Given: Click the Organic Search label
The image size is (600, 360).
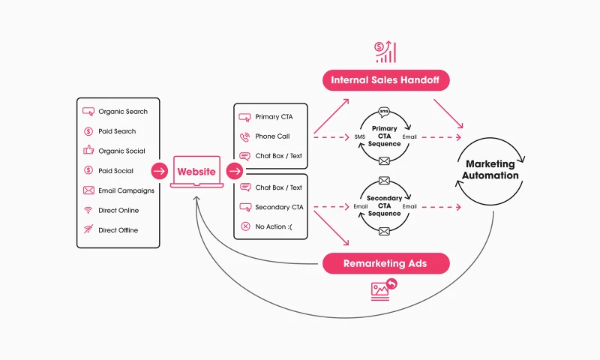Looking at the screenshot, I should click(x=123, y=112).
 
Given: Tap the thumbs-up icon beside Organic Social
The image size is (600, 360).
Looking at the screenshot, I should click(x=88, y=151).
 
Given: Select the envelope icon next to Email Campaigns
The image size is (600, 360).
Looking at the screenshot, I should click(x=88, y=190).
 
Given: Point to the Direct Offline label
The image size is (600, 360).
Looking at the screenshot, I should click(x=118, y=230).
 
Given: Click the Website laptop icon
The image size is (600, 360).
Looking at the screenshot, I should click(x=196, y=172).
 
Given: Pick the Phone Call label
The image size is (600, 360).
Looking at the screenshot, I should click(x=272, y=136).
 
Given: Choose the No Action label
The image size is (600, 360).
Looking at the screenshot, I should click(x=271, y=226).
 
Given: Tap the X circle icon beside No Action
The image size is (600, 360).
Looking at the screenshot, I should click(x=244, y=226).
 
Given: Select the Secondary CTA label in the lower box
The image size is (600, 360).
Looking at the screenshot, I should click(x=279, y=207).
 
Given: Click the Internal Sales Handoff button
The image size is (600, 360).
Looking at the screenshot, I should click(x=385, y=79).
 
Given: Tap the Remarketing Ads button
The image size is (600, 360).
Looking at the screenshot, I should click(x=385, y=263).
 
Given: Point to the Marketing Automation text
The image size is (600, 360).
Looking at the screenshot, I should click(x=492, y=169).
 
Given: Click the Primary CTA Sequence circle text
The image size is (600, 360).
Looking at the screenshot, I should click(x=385, y=136).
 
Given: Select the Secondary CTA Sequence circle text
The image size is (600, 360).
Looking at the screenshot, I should click(x=385, y=205).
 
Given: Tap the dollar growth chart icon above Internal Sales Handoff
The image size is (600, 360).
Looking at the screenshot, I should click(x=385, y=52).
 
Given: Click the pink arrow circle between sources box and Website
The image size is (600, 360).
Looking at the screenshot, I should click(x=159, y=171).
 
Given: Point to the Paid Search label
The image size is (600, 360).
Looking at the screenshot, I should click(x=117, y=131).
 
